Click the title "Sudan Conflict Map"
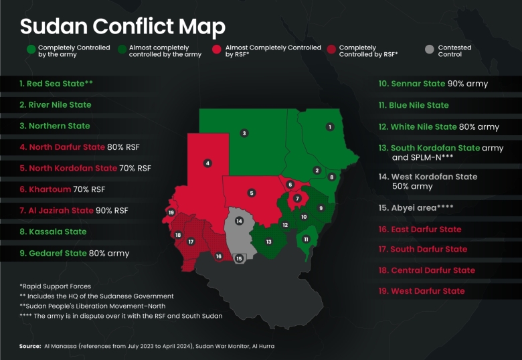(x=122, y=26)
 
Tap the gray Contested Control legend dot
(x=430, y=49)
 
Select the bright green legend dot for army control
(x=31, y=49)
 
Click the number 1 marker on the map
(x=329, y=126)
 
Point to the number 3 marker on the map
(x=244, y=133)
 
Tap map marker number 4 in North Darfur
(x=208, y=163)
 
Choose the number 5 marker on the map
(x=252, y=193)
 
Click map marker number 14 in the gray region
(x=239, y=221)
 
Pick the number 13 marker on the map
(x=268, y=241)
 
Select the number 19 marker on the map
(x=171, y=213)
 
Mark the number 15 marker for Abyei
(x=239, y=258)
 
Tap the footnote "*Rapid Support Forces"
(x=55, y=286)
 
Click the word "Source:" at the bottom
(x=30, y=346)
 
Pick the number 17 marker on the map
(x=191, y=242)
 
